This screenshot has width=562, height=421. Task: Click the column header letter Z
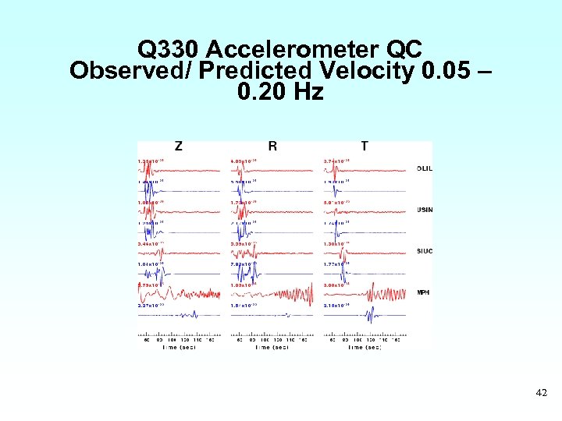[179, 146]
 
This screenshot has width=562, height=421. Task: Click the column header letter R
[272, 146]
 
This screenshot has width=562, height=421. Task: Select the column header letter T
[365, 146]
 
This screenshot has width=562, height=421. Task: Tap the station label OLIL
[425, 168]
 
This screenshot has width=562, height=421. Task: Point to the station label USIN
[425, 210]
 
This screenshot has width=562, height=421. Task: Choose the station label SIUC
[425, 251]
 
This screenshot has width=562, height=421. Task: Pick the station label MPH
[424, 292]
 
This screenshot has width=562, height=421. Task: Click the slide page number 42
[541, 394]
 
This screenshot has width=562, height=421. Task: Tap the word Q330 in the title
[169, 49]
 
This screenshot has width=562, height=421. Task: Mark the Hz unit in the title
[307, 92]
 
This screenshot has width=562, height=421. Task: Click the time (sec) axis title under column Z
[179, 347]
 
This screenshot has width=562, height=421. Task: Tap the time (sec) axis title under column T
[365, 347]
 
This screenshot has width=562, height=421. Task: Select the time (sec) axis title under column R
[272, 347]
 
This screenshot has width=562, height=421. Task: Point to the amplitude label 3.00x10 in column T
[337, 285]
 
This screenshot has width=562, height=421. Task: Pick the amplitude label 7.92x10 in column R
[244, 265]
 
